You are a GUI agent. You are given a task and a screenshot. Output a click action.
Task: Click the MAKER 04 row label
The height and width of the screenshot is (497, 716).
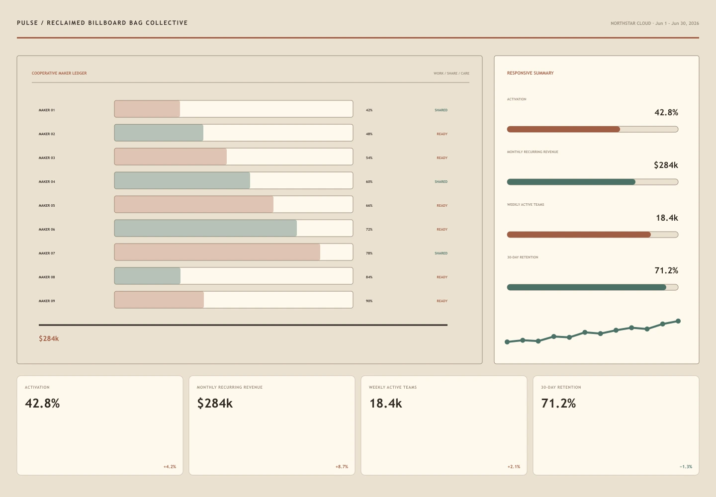tap(47, 182)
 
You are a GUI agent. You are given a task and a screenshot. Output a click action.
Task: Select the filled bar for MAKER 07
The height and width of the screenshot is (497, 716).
tap(217, 252)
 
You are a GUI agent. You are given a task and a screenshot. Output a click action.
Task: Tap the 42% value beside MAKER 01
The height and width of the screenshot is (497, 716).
tap(369, 110)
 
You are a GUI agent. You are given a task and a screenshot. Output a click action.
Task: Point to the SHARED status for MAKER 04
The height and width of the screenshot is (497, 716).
tap(441, 182)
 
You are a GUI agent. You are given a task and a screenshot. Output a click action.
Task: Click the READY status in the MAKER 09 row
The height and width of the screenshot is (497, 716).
tap(442, 301)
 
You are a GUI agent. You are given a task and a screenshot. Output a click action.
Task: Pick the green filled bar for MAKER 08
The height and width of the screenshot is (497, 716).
tap(147, 276)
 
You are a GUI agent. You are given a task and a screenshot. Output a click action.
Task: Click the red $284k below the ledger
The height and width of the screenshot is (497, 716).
tap(49, 338)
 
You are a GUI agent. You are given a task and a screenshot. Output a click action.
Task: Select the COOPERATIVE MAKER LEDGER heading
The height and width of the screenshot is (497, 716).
tap(59, 73)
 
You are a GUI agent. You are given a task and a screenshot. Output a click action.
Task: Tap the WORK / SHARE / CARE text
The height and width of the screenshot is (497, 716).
tap(451, 74)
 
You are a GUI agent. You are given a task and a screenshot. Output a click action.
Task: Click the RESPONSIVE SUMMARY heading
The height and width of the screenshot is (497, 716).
tap(530, 73)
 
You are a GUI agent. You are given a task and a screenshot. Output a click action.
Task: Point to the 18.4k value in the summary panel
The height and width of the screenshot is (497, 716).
tap(667, 218)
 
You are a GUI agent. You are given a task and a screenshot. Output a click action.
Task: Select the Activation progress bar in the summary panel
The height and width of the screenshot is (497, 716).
tap(593, 129)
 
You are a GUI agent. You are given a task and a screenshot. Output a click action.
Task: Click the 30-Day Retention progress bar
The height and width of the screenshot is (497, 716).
tap(593, 287)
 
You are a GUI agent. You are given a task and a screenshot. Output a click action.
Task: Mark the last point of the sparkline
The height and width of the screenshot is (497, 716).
tap(678, 321)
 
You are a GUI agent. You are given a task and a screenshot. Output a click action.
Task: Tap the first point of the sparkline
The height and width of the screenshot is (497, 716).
tap(507, 342)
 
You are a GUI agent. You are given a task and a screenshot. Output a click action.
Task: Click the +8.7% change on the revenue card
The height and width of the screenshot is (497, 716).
tap(342, 467)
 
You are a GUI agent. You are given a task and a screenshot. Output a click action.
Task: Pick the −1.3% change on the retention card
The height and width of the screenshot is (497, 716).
tap(686, 467)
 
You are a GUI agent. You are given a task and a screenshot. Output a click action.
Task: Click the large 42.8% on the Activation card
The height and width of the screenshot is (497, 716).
tap(43, 404)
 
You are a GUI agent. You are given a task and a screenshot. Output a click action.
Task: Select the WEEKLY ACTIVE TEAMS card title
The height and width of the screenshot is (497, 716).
tap(393, 388)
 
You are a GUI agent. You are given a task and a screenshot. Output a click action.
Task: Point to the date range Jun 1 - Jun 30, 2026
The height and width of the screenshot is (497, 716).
tap(677, 23)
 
